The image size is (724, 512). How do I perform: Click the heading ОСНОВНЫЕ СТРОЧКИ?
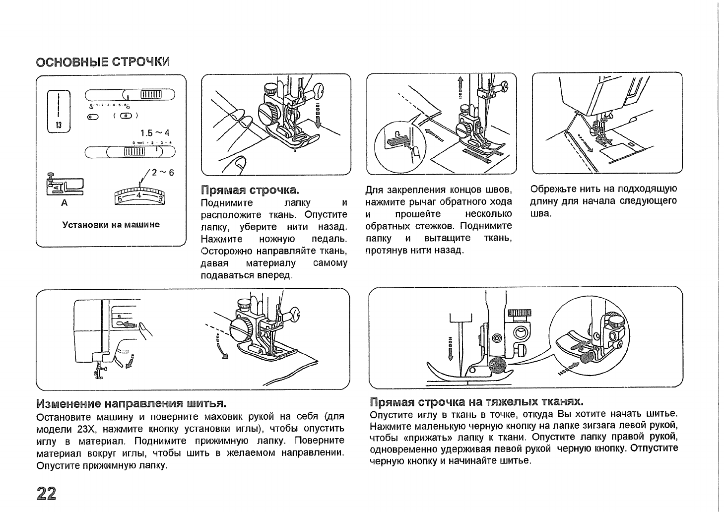pyautogui.click(x=103, y=62)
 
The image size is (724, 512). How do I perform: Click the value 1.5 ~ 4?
pyautogui.click(x=154, y=133)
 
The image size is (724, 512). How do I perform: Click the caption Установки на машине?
pyautogui.click(x=111, y=224)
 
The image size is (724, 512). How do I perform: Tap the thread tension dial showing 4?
pyautogui.click(x=139, y=195)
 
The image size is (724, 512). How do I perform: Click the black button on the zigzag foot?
pyautogui.click(x=497, y=366)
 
